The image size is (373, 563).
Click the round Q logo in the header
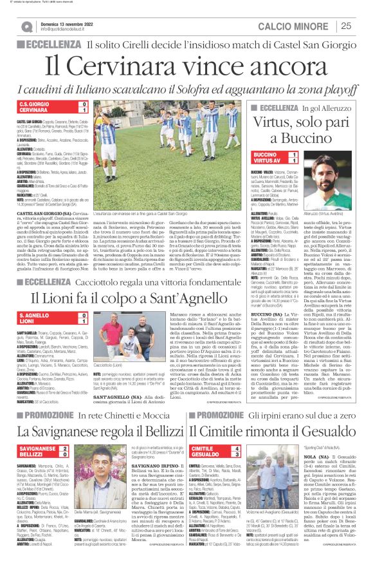pyautogui.click(x=25, y=26)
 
